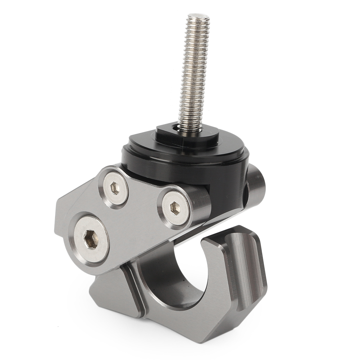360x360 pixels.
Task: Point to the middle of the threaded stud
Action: point(193,72)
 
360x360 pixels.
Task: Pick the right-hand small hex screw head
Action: point(175,208)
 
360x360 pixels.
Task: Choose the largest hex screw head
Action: point(91,239)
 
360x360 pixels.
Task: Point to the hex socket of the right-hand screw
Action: point(175,208)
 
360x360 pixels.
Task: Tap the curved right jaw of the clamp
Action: point(237,266)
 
